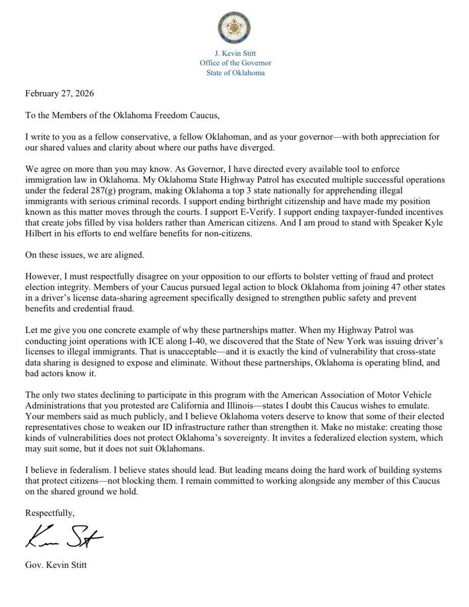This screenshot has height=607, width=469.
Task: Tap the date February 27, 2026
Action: point(59,94)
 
